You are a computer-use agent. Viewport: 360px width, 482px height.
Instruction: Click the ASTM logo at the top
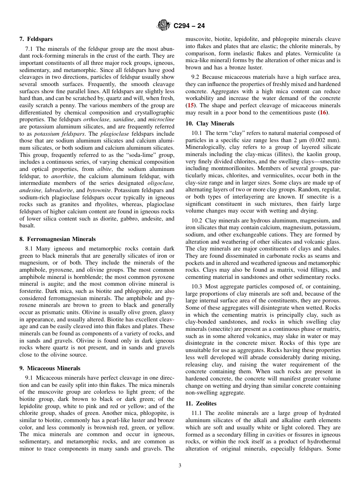164,25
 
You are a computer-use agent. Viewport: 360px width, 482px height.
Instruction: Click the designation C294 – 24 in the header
189,26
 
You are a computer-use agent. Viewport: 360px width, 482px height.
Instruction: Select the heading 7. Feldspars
36,39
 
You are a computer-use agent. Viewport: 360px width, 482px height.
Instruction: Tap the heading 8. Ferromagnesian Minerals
58,239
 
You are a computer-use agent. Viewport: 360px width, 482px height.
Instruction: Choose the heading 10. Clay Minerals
210,124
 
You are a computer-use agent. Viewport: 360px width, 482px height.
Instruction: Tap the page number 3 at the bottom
180,466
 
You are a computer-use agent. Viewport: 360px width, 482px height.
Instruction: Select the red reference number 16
323,113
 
